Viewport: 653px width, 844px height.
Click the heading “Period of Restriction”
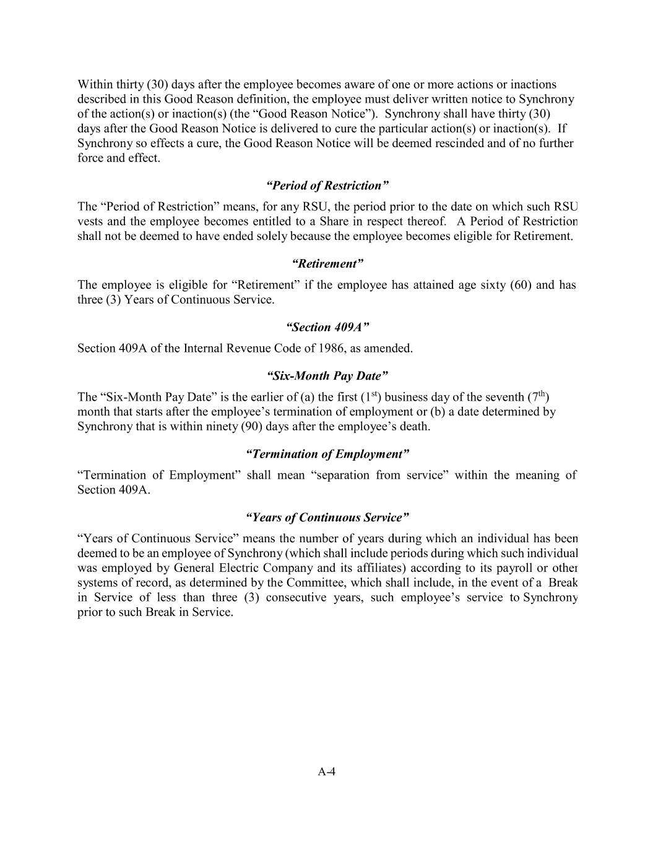pos(327,185)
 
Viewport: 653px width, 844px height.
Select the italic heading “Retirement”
pos(327,264)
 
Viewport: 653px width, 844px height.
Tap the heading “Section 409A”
pos(327,327)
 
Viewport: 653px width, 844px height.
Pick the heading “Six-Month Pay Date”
pos(327,376)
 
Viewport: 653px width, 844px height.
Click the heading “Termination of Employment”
pos(327,454)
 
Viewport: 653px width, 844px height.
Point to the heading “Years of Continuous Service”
pos(327,518)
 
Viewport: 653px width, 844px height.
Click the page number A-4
pos(327,772)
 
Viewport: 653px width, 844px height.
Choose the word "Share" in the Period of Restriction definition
pos(377,221)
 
